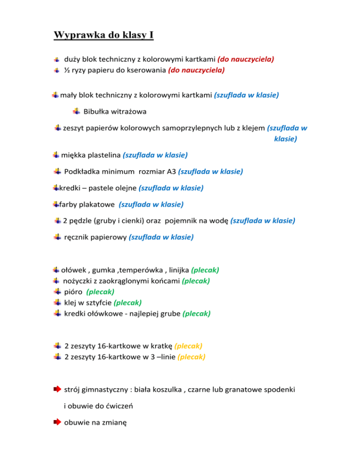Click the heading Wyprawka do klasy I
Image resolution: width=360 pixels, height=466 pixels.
[x=104, y=35]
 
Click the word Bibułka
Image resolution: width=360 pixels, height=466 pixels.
[x=97, y=111]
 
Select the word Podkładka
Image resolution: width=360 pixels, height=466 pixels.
[x=80, y=172]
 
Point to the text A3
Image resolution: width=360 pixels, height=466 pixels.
[x=171, y=172]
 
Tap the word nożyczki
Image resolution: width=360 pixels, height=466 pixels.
[x=78, y=281]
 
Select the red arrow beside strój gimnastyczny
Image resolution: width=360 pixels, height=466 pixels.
[x=57, y=389]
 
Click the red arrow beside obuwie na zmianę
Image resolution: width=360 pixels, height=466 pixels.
[x=57, y=422]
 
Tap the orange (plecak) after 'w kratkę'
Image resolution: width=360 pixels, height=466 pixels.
[x=188, y=346]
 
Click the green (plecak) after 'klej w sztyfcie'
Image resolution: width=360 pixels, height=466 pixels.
[x=127, y=302]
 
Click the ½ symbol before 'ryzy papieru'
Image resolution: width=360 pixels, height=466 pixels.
[x=67, y=70]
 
